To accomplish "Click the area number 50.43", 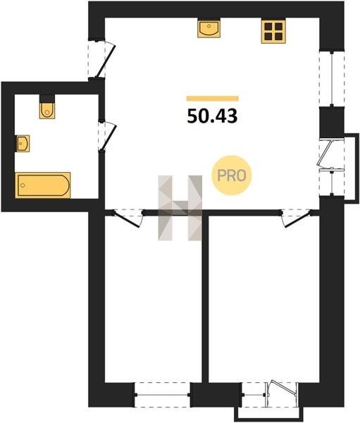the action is coord(212,116).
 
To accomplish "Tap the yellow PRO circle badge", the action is coord(231,176).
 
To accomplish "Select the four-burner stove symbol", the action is coord(273,31).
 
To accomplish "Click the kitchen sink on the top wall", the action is coord(209,27).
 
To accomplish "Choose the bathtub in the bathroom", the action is coord(43,185).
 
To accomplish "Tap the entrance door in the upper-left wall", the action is coord(101,59).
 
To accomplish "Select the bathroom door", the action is coord(107,136).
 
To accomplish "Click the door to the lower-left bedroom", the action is coord(128,218).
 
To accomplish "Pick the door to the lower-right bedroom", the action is coord(296,218).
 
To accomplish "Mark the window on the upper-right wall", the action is coord(332,78).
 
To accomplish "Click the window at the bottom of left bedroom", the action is coord(162,395).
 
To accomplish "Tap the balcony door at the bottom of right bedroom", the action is coord(283,394).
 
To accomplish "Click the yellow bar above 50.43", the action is coord(213,99).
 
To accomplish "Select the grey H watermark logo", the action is coord(180,208).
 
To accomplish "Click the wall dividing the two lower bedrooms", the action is coord(205,298).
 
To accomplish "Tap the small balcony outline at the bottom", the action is coord(270,414).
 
